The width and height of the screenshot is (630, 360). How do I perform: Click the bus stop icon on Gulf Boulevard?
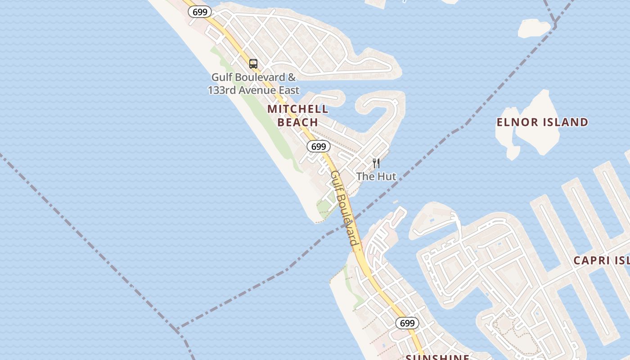pos(253,64)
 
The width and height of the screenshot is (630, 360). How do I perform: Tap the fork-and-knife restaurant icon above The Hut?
pos(376,163)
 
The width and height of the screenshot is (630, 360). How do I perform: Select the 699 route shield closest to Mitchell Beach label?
pos(319,146)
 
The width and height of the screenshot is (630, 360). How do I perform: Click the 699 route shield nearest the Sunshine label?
pos(407,323)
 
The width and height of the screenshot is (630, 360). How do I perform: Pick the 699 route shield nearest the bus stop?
pos(199,12)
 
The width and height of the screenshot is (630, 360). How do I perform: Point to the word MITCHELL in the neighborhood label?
pos(298,109)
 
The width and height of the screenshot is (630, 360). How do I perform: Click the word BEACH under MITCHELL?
pos(298,122)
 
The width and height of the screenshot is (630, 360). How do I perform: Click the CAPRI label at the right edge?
pos(591,261)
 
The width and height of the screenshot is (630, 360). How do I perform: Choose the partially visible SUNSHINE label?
pos(437,357)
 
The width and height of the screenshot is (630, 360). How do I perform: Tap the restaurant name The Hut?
pos(376,176)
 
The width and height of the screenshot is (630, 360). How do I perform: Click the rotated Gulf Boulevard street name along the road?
pos(345,208)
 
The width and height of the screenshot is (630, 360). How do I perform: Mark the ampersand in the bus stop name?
pos(291,77)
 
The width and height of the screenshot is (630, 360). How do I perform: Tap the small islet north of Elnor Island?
pos(533,28)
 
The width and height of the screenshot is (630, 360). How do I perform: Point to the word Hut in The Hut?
pos(387,176)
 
